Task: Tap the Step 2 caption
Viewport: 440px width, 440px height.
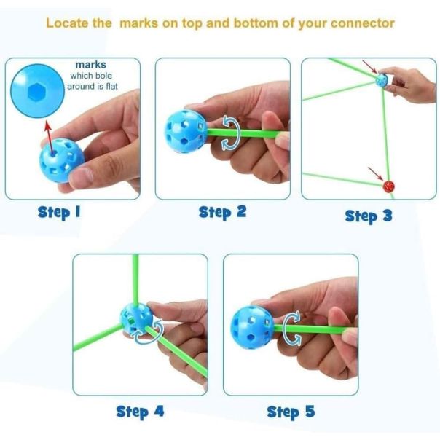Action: pos(222,213)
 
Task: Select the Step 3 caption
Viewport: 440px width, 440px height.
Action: pos(368,216)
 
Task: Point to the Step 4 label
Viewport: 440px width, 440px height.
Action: pos(140,412)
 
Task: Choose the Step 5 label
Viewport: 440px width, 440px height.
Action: pos(291,412)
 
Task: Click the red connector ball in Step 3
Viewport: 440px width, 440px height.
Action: pos(389,187)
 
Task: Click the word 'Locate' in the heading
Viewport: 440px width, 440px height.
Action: pos(68,23)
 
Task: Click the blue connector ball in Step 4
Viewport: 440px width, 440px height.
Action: pos(137,318)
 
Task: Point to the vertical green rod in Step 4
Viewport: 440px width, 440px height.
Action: pos(135,277)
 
